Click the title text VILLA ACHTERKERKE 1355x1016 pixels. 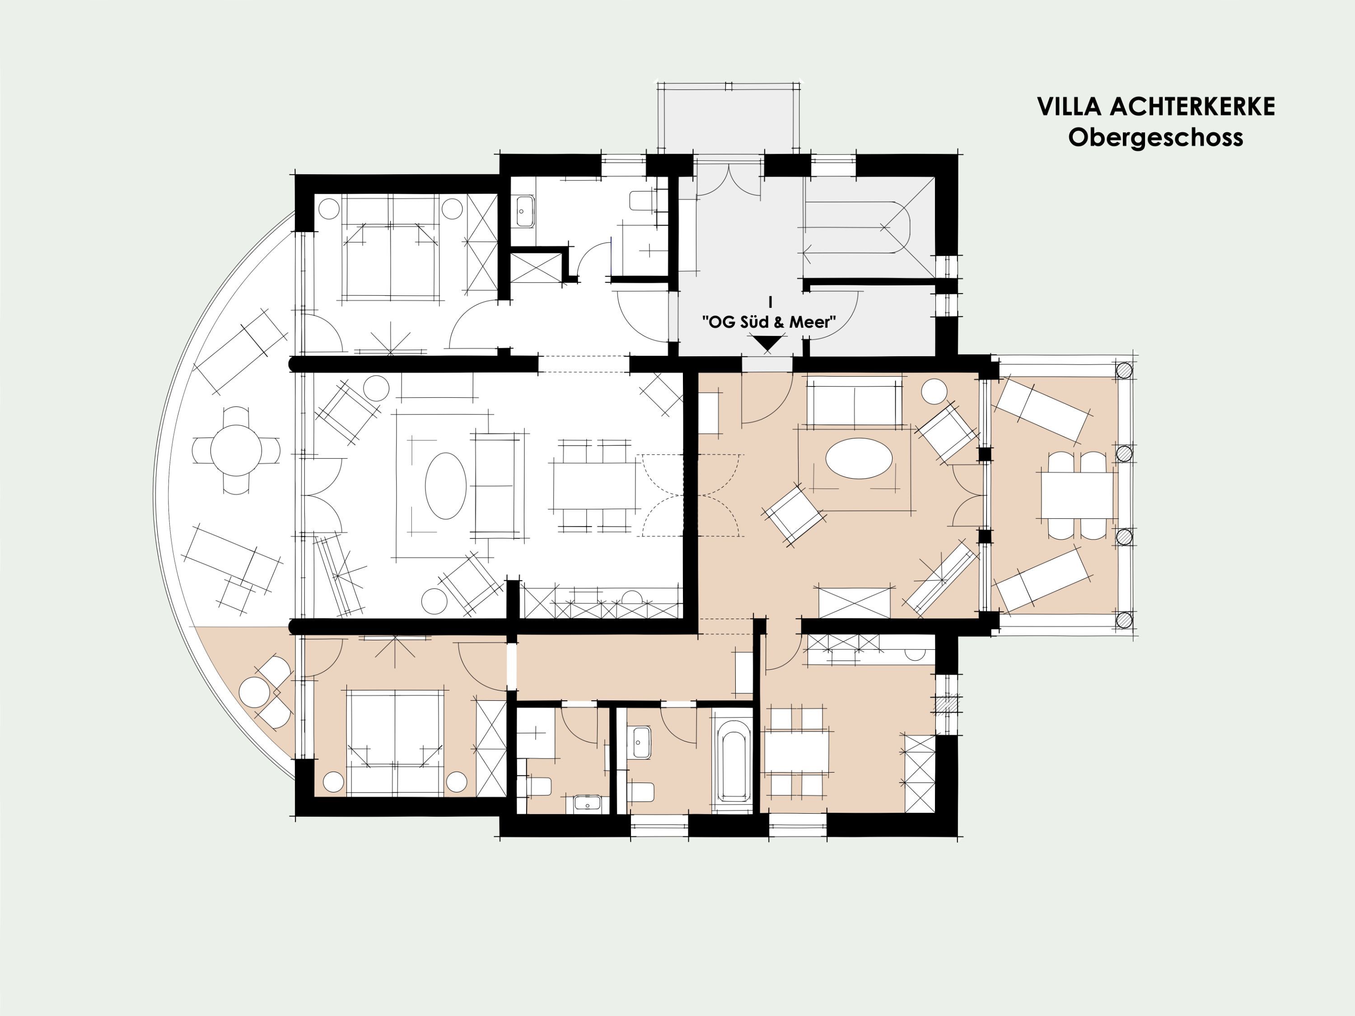(x=1156, y=107)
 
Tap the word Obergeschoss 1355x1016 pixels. (x=1156, y=137)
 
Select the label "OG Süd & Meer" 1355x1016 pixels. (x=769, y=322)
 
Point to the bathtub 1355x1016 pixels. (x=733, y=760)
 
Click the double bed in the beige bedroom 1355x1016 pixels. (x=395, y=742)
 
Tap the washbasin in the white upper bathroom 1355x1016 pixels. (x=524, y=211)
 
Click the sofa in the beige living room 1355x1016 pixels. (x=855, y=402)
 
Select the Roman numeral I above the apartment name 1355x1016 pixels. (x=770, y=302)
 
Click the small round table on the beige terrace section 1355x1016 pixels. (x=254, y=692)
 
